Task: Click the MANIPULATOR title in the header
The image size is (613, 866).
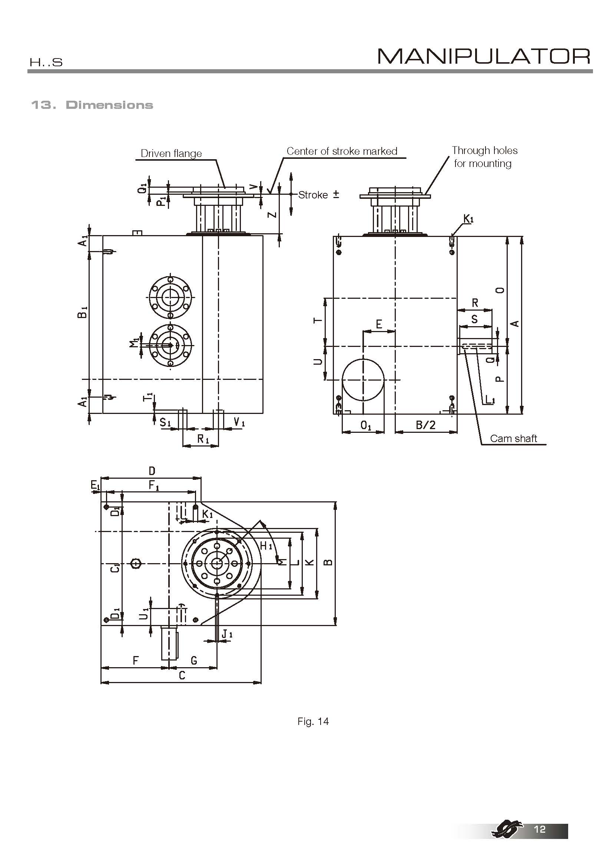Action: point(484,57)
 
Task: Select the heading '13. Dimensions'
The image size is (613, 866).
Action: point(92,105)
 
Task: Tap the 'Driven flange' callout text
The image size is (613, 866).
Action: point(171,154)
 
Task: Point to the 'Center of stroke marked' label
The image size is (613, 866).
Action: point(342,151)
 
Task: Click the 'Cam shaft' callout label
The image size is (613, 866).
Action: point(513,438)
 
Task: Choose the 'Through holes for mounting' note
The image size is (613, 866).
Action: point(484,157)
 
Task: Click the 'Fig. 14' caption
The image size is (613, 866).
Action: point(313,722)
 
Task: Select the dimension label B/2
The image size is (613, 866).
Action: point(425,425)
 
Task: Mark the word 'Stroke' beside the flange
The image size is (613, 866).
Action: point(313,195)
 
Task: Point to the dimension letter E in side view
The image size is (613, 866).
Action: point(379,324)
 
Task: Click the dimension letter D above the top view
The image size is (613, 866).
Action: point(152,471)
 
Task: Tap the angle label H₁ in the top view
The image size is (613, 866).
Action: point(266,546)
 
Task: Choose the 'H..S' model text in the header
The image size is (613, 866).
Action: point(46,62)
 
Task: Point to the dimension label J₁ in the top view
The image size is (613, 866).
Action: point(227,635)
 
